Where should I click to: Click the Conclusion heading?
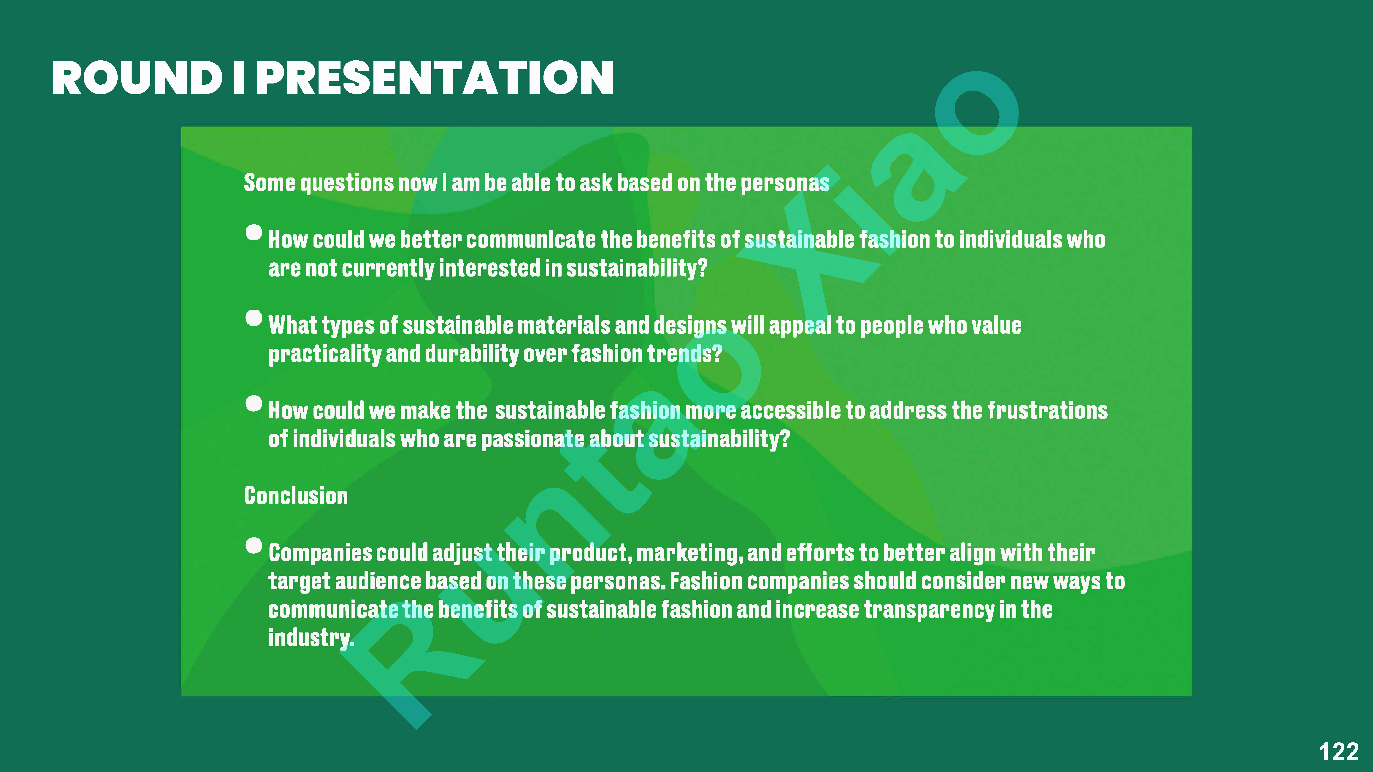(x=296, y=496)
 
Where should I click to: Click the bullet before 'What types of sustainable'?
(x=254, y=318)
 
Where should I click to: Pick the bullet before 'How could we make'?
(x=254, y=403)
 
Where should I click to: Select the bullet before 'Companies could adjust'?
(x=254, y=546)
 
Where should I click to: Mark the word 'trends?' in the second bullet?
(x=684, y=354)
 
